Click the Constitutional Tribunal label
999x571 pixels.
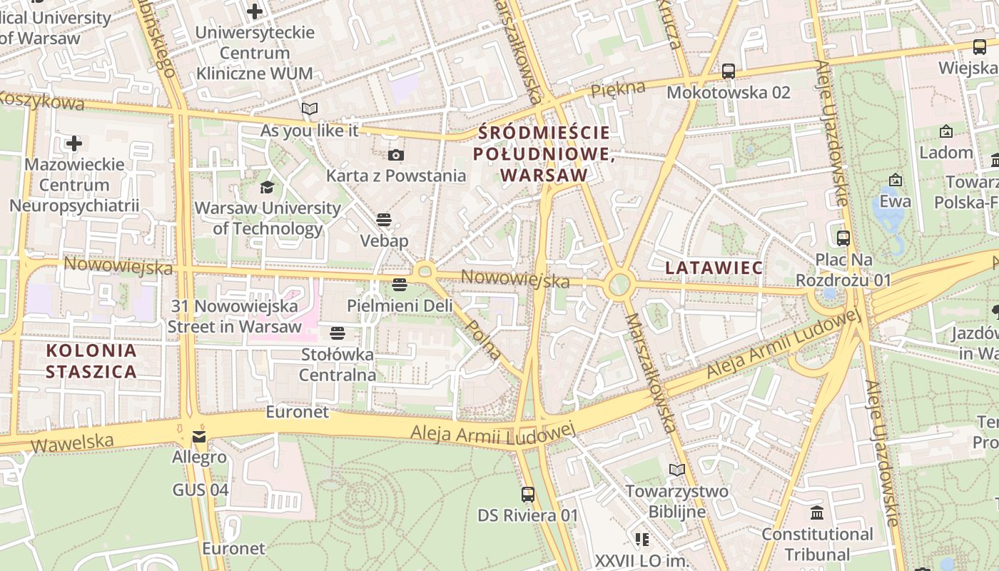click(817, 544)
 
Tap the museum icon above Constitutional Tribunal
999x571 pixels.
click(817, 512)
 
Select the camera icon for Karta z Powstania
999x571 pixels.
click(395, 155)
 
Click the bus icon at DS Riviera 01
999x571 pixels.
click(528, 494)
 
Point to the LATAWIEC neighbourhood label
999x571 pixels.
click(714, 268)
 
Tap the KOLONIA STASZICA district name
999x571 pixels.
click(91, 360)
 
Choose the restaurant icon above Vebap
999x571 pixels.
click(384, 219)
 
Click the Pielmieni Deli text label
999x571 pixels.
click(400, 305)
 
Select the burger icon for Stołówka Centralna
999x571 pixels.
click(338, 333)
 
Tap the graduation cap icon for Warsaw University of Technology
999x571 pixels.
click(267, 187)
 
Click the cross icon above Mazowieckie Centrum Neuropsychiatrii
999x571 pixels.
click(73, 143)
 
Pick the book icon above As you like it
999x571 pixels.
click(309, 108)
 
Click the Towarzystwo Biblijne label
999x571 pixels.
click(677, 501)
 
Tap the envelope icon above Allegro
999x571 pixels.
click(199, 436)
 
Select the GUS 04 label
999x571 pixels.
click(201, 490)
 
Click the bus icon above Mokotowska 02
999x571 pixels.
click(728, 71)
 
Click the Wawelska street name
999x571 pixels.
click(72, 443)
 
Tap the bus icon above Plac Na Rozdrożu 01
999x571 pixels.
click(843, 238)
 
